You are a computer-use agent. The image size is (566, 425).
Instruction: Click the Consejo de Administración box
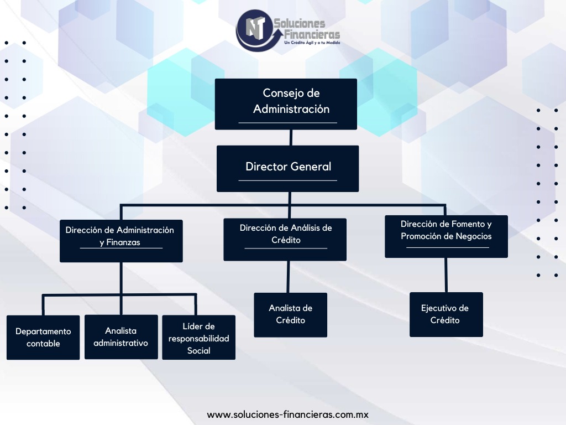(286, 104)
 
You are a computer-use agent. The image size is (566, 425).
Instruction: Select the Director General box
(287, 168)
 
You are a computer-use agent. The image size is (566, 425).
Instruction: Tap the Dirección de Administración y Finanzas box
(120, 241)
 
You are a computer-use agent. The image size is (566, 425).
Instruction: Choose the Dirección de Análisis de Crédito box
(285, 239)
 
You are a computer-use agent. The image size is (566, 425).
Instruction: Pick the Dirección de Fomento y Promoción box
(446, 236)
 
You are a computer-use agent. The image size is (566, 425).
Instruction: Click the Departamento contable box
(43, 338)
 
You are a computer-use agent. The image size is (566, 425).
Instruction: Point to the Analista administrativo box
(121, 337)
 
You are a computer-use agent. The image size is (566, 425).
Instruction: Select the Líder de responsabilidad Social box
(198, 338)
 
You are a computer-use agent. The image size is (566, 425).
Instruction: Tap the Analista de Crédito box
(290, 314)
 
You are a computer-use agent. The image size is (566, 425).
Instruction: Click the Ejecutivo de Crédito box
(446, 314)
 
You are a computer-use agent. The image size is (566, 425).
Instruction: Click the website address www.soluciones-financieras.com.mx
(287, 414)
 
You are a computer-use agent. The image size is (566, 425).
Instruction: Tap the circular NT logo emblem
(254, 29)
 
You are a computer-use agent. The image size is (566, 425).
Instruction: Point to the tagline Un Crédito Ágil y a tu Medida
(312, 43)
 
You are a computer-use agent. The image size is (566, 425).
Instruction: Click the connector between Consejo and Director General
(291, 138)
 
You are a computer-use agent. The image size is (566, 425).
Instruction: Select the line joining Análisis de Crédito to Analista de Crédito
(287, 277)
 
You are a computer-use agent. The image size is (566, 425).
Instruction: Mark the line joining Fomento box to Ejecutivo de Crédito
(446, 275)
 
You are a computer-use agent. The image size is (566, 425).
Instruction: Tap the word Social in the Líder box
(198, 351)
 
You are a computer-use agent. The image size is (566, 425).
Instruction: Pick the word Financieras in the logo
(308, 33)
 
